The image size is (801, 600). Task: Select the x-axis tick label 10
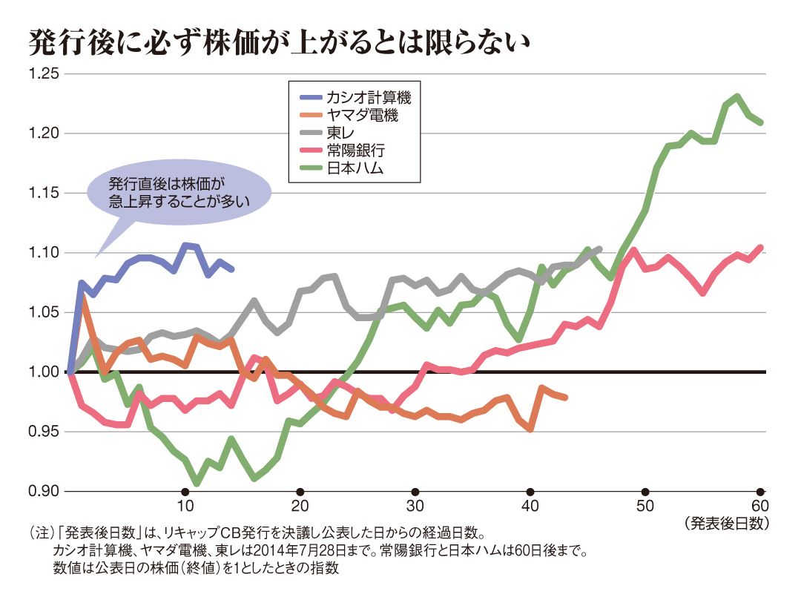coord(185,507)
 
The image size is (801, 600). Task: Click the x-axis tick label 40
coord(530,507)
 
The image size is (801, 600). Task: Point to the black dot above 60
coord(760,492)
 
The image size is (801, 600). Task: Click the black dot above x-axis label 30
coord(415,492)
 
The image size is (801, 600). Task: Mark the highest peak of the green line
coord(737,96)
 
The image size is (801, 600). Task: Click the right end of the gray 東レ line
coord(599,248)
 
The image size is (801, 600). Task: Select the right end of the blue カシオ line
coord(232,268)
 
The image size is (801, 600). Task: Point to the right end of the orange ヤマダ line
coord(565,398)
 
